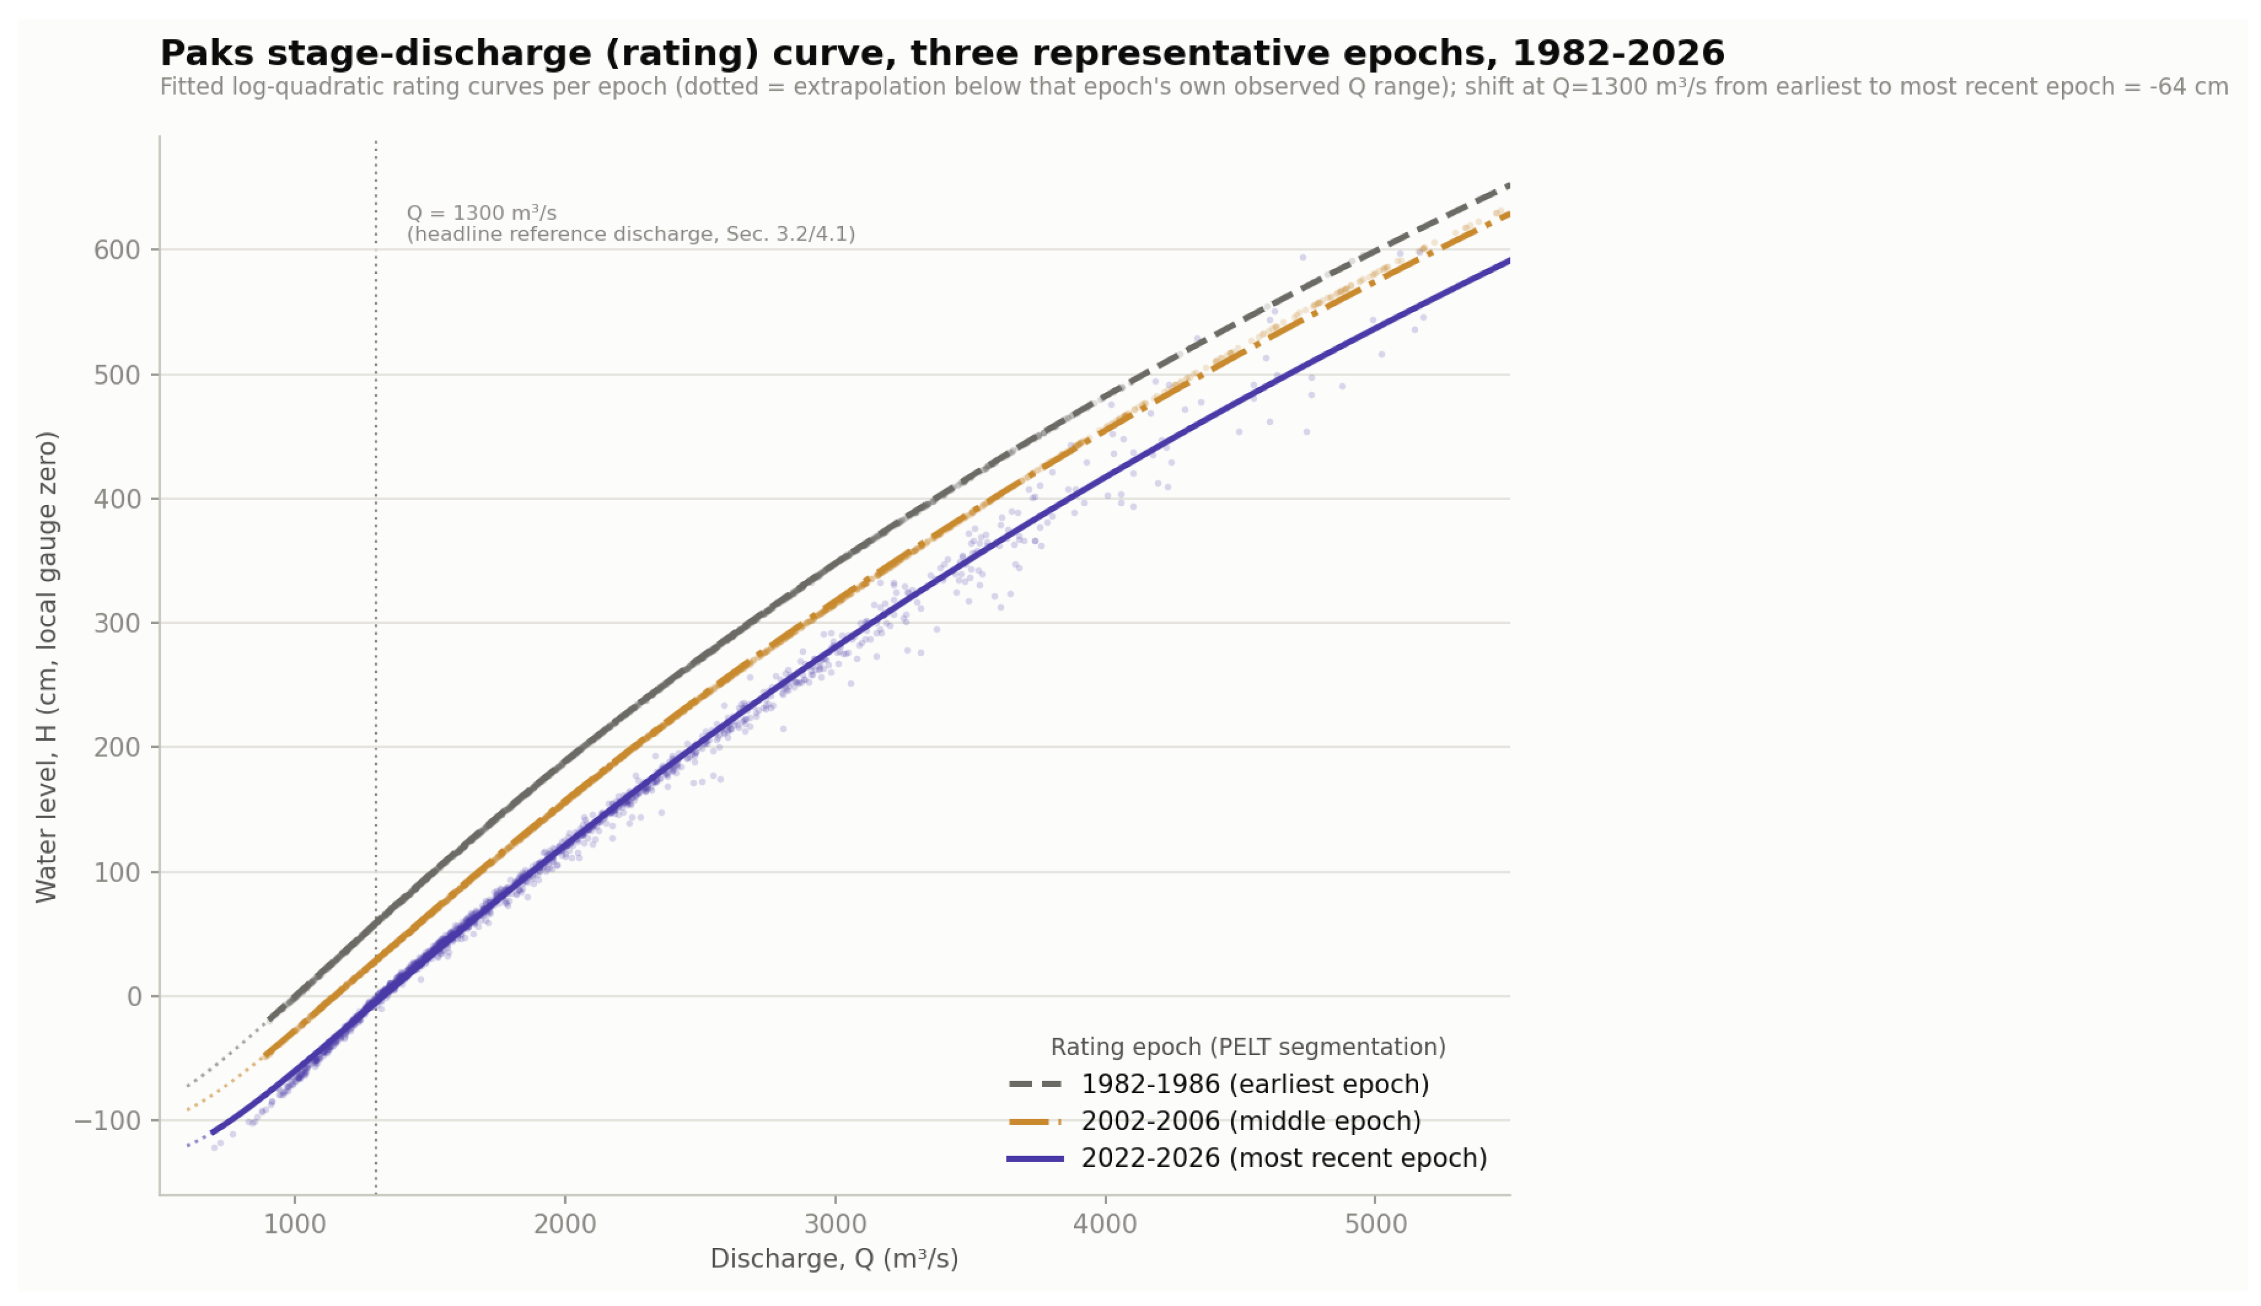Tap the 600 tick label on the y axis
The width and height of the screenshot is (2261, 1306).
click(117, 250)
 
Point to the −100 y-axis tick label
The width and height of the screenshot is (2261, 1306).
click(108, 1121)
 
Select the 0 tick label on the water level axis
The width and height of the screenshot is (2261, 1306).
click(134, 996)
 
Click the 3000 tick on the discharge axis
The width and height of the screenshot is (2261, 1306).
click(835, 1224)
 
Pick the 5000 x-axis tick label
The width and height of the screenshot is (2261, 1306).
click(1376, 1224)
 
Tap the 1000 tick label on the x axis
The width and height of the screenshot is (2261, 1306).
click(295, 1224)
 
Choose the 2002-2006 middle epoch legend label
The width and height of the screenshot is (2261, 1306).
click(1251, 1121)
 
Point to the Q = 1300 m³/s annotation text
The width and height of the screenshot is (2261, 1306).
click(481, 213)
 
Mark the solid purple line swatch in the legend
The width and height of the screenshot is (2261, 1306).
click(1035, 1159)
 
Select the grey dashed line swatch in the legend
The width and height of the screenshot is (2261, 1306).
click(1035, 1085)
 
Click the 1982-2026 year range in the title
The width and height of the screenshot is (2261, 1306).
click(1618, 54)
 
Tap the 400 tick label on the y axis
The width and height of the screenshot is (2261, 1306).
click(117, 499)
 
